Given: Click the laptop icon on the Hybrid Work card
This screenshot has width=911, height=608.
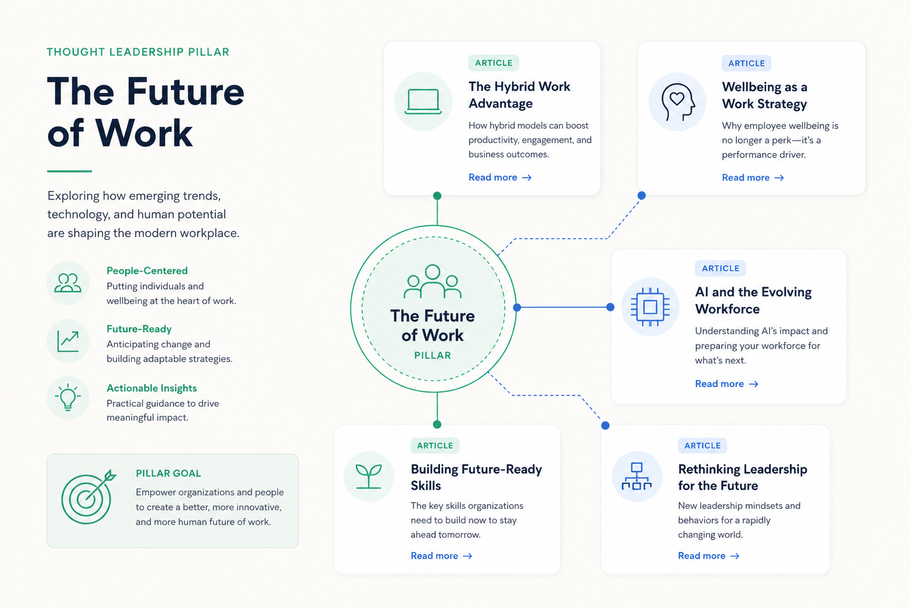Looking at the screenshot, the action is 423,102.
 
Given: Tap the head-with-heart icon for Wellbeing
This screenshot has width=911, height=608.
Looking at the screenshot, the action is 677,102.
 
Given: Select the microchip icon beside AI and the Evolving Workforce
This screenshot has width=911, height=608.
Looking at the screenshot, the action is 650,307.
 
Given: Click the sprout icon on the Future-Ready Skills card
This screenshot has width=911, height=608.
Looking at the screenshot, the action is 368,476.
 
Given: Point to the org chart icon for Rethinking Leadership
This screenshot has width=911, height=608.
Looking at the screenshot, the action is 636,476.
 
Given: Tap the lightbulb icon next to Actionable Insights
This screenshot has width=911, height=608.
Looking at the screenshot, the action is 68,397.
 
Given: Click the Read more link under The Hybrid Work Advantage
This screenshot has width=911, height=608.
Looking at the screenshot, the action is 500,178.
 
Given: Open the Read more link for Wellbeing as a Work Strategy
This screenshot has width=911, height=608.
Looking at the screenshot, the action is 753,178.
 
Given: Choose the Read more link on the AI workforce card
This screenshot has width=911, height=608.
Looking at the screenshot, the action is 727,384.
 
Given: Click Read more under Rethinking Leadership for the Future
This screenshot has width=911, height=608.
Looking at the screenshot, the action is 709,556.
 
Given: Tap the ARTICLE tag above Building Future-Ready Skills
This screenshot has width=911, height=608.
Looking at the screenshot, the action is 435,445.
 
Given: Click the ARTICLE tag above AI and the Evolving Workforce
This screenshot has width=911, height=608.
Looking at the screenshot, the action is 720,268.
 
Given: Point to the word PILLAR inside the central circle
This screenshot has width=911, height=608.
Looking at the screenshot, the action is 432,356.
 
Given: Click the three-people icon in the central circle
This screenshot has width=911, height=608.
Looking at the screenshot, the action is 432,281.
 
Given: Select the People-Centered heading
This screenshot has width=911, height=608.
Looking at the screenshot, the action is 147,271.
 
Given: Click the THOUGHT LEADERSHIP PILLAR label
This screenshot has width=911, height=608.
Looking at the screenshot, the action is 138,52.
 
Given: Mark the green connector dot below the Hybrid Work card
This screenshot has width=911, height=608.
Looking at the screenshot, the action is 437,196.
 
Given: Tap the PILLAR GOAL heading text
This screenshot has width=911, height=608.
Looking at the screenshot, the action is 168,473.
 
